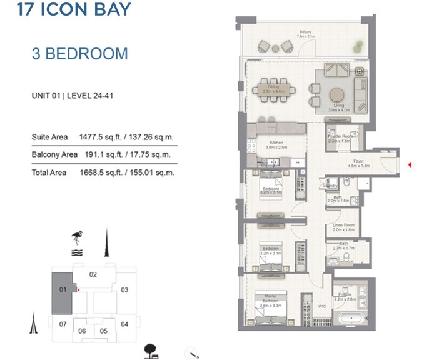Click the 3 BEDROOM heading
click(79, 53)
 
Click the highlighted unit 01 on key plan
click(62, 292)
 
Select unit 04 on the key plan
click(124, 324)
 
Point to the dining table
click(273, 87)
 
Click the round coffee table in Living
click(336, 95)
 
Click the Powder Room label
click(343, 136)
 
